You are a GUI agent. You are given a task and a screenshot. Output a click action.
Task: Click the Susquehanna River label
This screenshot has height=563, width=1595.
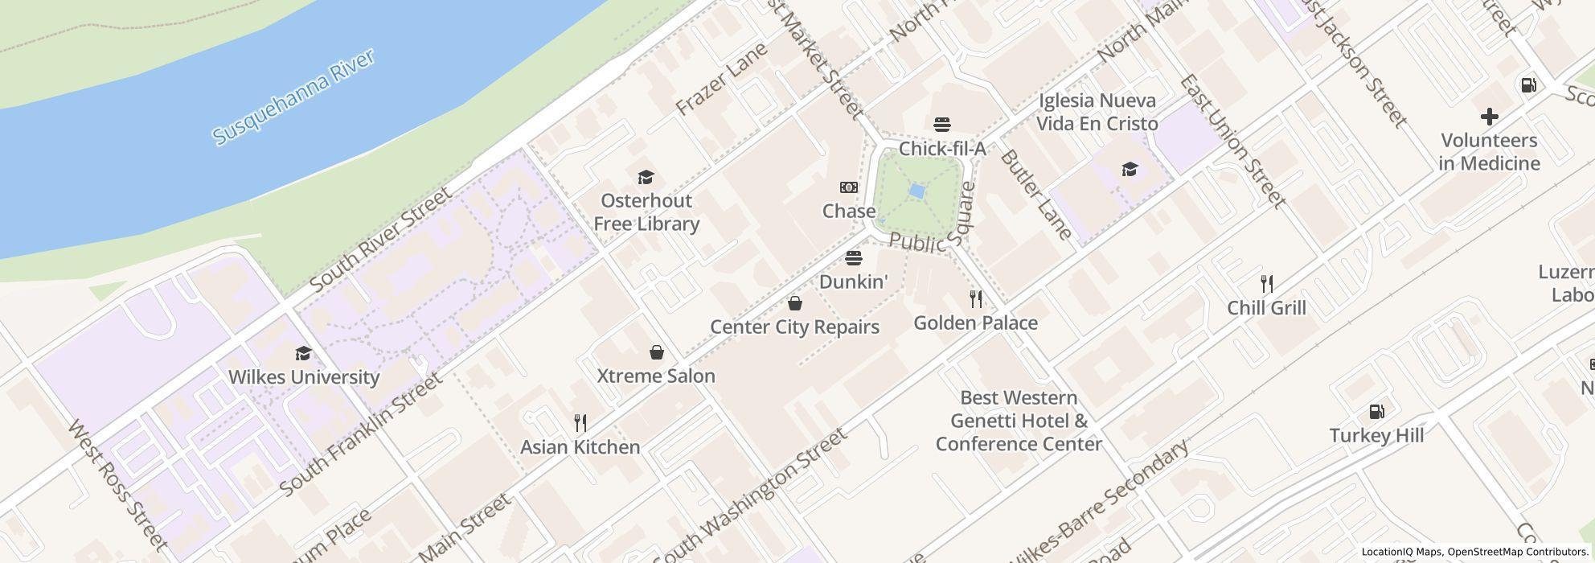click(x=293, y=98)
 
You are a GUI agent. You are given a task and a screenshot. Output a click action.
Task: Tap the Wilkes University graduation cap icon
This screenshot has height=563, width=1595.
click(x=303, y=354)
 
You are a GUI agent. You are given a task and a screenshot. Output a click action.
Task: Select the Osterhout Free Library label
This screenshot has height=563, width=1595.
click(x=646, y=212)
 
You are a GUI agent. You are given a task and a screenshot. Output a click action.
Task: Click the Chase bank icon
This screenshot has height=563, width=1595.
click(x=848, y=187)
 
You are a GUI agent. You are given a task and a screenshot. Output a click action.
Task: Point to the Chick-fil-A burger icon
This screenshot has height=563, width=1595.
click(x=942, y=125)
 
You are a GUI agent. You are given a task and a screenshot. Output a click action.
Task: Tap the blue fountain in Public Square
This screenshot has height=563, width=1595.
click(x=916, y=191)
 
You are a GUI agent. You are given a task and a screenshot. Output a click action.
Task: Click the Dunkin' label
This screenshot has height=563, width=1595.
click(x=853, y=281)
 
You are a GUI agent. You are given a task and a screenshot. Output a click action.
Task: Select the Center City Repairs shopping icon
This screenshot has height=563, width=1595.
click(x=794, y=303)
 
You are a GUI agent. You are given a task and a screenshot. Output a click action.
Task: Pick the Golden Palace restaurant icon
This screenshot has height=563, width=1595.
click(x=975, y=299)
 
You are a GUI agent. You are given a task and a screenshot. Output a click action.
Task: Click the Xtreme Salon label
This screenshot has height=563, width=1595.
click(x=656, y=376)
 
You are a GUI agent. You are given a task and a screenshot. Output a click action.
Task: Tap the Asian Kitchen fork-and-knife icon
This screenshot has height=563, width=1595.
click(x=580, y=422)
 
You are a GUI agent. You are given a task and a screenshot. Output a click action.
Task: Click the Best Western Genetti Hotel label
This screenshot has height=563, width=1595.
click(x=1019, y=421)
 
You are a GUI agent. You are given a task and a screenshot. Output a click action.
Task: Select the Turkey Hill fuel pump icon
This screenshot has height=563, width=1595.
click(x=1376, y=413)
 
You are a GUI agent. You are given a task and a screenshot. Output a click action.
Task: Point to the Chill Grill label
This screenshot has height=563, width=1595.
click(x=1266, y=308)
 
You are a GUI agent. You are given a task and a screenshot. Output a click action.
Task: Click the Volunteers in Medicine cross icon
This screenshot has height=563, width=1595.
click(x=1489, y=117)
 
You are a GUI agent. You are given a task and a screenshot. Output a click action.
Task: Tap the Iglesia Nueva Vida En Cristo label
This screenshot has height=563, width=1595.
click(x=1097, y=112)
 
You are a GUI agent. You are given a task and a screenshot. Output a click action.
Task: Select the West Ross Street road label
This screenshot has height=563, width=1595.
click(x=118, y=486)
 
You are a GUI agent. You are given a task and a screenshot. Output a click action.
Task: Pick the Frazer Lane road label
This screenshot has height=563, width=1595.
click(x=721, y=79)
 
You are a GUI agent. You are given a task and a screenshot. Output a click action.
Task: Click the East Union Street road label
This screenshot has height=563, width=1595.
click(x=1232, y=142)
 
